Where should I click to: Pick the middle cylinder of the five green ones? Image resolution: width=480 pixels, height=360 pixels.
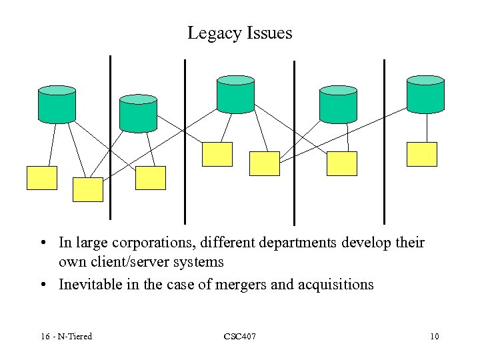click(236, 94)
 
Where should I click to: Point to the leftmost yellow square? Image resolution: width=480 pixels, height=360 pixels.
click(41, 177)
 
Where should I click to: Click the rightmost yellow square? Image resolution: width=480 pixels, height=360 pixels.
click(422, 154)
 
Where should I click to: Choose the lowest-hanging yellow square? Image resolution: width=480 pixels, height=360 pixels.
click(87, 189)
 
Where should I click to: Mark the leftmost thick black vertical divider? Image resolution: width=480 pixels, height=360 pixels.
click(110, 137)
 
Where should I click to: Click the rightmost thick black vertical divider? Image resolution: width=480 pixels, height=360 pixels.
click(384, 141)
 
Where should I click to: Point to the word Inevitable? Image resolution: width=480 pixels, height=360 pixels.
click(88, 285)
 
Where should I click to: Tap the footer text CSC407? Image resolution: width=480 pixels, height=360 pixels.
click(239, 336)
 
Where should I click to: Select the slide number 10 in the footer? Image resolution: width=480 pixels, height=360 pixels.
click(434, 336)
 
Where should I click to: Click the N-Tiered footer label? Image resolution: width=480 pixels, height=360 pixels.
click(73, 336)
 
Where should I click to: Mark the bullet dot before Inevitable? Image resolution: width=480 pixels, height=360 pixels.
click(42, 285)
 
